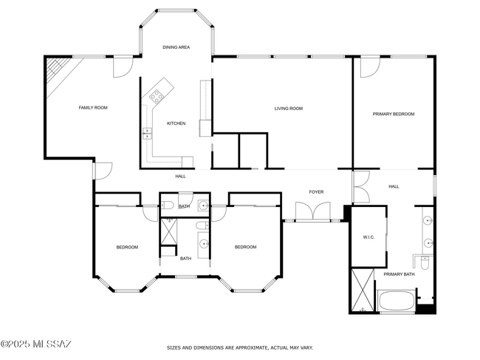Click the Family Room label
pos(93,107)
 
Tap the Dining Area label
pos(176,47)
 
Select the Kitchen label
pos(176,123)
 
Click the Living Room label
pos(288,109)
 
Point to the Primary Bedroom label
pos(394,114)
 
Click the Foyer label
pos(316,192)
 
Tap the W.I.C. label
pos(368,237)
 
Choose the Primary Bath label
pos(400,274)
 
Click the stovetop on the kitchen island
pos(157,96)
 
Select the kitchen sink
pos(147,133)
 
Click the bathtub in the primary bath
pos(397,301)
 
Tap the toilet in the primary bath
pos(425,263)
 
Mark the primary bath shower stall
pos(363,290)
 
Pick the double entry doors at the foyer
pos(313,211)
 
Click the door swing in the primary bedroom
pos(370,68)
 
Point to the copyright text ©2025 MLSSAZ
pos(36,344)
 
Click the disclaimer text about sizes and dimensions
pos(240,347)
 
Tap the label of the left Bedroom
pos(127,247)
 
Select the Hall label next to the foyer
pos(394,186)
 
